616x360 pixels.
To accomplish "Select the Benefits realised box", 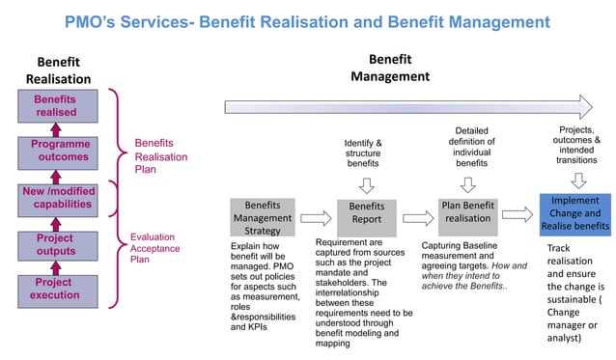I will point(55,106).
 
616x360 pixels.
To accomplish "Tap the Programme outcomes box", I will point(55,152).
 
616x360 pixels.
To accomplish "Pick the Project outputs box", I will point(55,245).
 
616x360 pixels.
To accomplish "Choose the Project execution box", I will point(55,289).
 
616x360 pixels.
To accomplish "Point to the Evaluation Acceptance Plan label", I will point(154,247).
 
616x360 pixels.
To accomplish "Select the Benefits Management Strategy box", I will point(262,219).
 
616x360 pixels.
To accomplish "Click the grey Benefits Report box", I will point(366,213).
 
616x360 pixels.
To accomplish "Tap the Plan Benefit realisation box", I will point(468,212).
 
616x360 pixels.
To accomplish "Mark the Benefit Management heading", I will point(390,68).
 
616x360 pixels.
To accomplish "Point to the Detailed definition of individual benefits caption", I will point(472,148).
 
